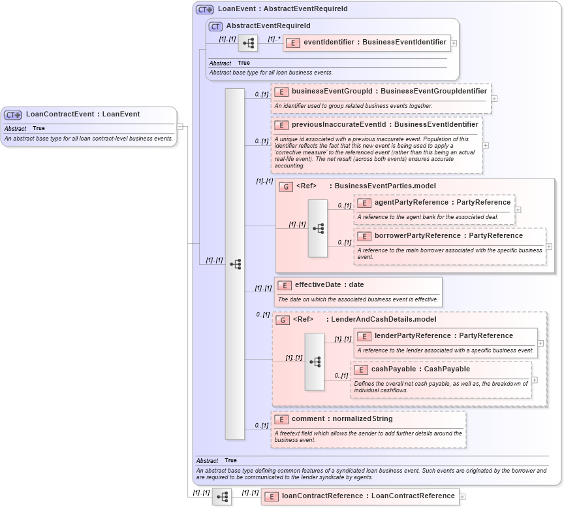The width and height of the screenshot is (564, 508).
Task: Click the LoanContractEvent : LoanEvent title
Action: point(83,114)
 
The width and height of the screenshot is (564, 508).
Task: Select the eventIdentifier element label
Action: point(375,42)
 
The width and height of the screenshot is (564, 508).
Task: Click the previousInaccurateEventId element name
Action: point(384,124)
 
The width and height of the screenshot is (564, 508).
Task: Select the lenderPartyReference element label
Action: point(443,336)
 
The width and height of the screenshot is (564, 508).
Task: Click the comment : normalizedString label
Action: point(342,419)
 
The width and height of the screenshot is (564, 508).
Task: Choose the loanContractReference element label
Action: point(368,496)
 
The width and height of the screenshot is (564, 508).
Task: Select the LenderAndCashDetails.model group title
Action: point(383,320)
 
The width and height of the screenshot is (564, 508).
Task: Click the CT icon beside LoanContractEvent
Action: point(13,114)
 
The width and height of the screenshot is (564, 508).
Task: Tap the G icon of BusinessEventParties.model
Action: point(285,186)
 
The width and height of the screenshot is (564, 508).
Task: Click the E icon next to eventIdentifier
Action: point(294,42)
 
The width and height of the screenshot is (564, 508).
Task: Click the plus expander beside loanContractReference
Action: point(463,497)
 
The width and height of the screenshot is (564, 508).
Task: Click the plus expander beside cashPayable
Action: point(535,379)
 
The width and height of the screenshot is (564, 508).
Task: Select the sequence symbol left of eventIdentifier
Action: point(248,44)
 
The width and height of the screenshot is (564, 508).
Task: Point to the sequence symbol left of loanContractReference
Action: point(222,497)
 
